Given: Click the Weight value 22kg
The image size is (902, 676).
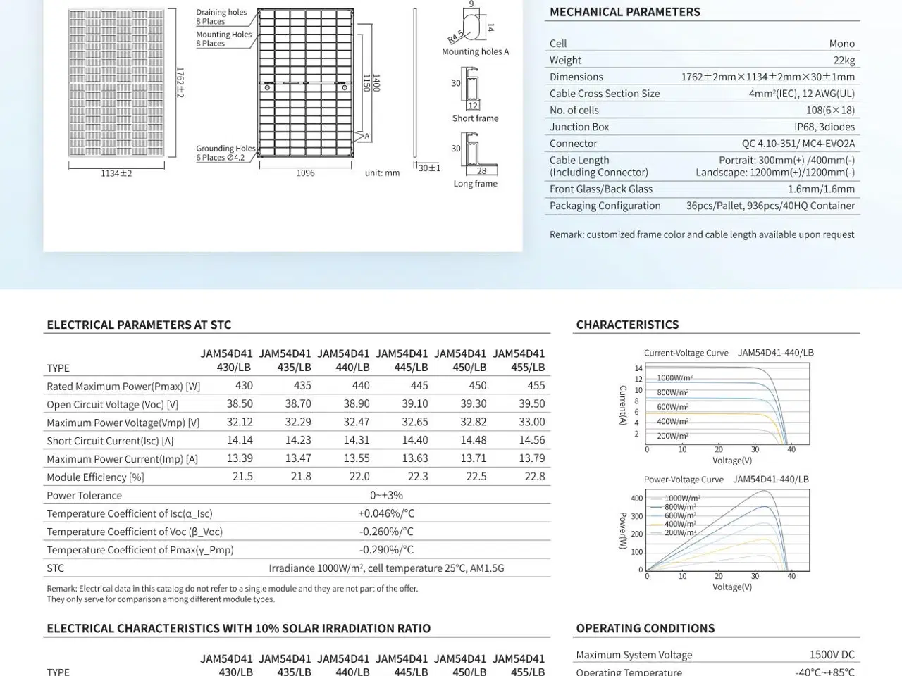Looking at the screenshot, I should tap(844, 61).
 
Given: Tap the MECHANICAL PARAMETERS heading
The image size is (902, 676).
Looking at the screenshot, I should tap(624, 12).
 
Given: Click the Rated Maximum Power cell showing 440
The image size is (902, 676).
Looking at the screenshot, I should tap(361, 386).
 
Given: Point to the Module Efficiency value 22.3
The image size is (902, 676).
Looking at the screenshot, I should tap(418, 477).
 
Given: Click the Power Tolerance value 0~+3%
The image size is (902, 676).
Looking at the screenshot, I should tap(386, 495).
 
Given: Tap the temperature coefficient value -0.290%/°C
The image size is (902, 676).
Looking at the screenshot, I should tap(386, 550).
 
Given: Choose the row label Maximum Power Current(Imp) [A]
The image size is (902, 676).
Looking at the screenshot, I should tap(122, 459).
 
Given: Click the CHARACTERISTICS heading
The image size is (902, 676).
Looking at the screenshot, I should tap(627, 325).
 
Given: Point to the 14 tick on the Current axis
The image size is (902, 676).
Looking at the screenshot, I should tap(638, 368).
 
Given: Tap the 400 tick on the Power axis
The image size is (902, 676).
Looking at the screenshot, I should tap(636, 499).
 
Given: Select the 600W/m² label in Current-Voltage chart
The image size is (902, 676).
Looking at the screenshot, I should tap(672, 407).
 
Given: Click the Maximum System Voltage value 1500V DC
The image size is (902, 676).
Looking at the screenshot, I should tap(832, 655).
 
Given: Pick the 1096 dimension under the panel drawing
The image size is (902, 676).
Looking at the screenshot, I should tap(305, 173).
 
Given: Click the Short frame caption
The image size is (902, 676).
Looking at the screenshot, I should tap(475, 118).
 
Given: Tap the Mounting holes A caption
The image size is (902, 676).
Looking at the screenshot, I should tap(475, 51).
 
